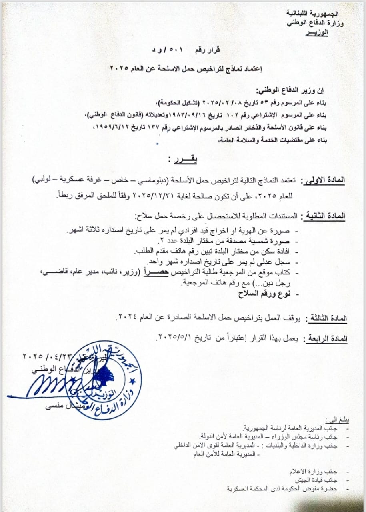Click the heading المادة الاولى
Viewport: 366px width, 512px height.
pos(325,181)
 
